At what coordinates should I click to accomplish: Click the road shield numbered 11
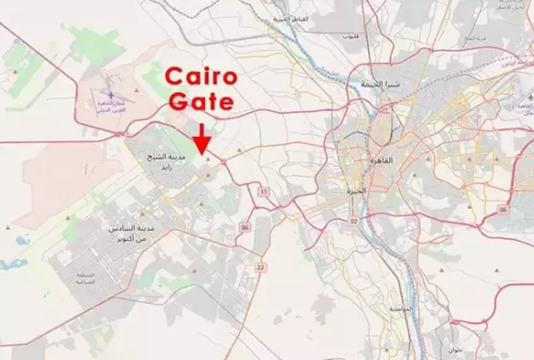click(x=263, y=191)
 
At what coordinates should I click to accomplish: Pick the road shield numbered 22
click(x=259, y=266)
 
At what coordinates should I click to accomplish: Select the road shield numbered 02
click(x=353, y=221)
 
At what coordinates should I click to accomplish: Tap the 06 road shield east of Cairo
click(x=503, y=209)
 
